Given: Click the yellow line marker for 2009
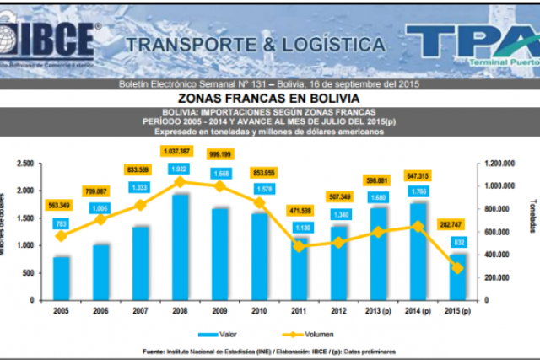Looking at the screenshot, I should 219,185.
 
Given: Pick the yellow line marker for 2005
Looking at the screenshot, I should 61,236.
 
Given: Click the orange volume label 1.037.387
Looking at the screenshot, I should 179,150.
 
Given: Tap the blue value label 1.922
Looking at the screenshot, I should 180,169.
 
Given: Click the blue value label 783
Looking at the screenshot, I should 61,223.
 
